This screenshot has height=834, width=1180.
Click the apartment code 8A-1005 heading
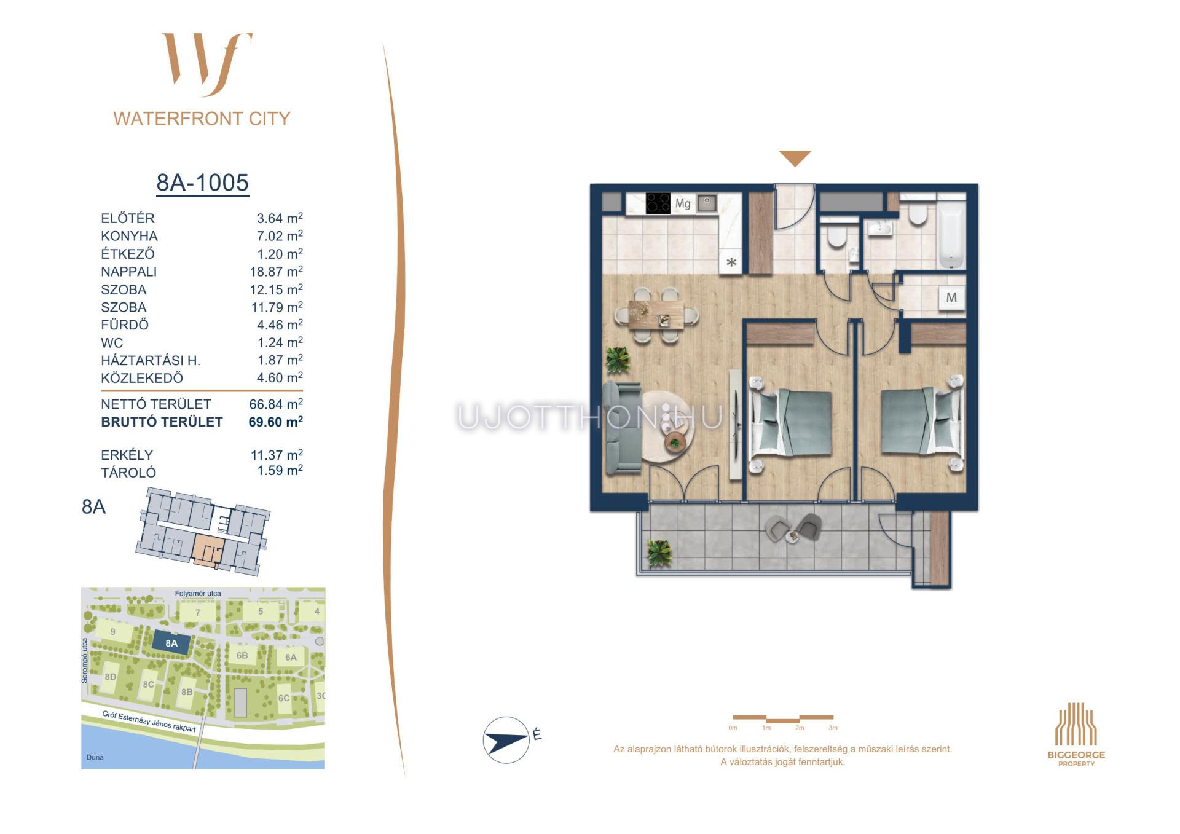(203, 183)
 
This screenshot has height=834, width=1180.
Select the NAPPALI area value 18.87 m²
(277, 271)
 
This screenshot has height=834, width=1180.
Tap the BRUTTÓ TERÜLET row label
(162, 422)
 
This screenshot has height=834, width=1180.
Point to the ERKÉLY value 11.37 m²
(277, 455)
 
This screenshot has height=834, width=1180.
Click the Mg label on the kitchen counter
(683, 203)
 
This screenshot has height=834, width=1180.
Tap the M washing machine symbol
(951, 298)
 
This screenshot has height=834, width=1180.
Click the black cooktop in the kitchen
(658, 203)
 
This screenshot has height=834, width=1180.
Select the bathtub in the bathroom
(951, 231)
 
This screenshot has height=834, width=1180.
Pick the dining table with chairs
(656, 314)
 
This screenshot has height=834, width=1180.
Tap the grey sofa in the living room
(622, 428)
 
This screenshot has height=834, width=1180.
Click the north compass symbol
(506, 740)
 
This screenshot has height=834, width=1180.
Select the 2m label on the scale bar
(800, 728)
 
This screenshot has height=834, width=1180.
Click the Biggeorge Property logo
(1076, 734)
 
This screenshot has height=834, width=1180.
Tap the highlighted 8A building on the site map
(171, 643)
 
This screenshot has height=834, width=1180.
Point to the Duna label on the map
(95, 757)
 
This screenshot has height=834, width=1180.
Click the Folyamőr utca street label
(198, 594)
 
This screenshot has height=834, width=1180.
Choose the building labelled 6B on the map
(242, 656)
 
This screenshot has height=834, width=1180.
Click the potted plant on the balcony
(659, 552)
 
